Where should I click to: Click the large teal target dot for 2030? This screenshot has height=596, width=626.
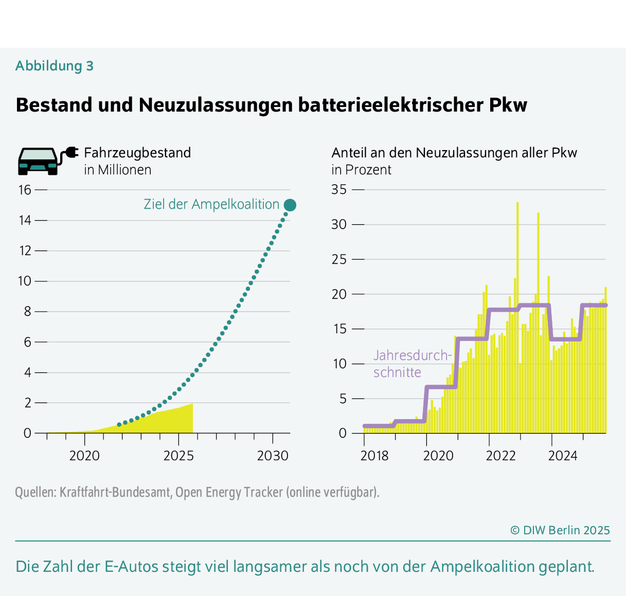[x=290, y=205]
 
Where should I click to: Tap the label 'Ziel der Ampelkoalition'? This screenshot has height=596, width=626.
[x=211, y=204]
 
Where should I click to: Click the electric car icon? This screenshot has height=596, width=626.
[x=39, y=161]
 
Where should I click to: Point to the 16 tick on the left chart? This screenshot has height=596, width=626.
[x=25, y=190]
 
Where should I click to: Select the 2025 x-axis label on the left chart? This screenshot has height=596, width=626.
[x=178, y=456]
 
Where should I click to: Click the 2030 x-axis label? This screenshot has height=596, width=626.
[x=273, y=456]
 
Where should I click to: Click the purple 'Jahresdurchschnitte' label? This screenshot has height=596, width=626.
[x=412, y=364]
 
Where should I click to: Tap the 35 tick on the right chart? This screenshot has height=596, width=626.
[x=339, y=190]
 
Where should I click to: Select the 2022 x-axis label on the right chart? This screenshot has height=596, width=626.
[x=500, y=456]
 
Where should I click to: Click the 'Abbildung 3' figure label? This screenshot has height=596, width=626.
[x=55, y=66]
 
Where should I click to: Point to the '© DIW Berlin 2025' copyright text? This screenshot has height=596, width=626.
[x=560, y=530]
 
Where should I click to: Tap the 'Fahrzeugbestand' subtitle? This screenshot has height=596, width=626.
[x=137, y=153]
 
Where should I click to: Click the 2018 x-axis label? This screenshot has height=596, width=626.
[x=375, y=456]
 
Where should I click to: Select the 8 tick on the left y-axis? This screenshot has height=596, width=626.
[x=28, y=312]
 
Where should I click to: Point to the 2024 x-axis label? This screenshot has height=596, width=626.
[x=563, y=456]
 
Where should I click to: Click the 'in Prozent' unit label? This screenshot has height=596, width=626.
[x=361, y=170]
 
